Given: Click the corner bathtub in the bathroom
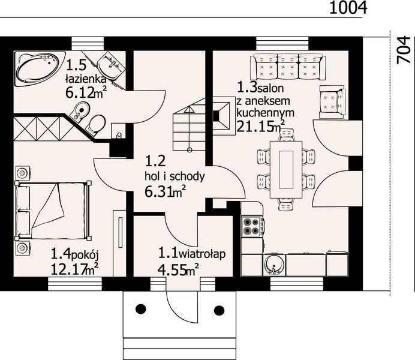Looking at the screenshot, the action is (x=40, y=68).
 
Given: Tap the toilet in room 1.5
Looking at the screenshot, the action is (x=96, y=124).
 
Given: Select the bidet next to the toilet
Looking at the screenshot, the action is (x=80, y=110).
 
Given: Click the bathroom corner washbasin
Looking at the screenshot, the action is (x=111, y=65).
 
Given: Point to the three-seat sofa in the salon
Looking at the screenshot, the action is (x=288, y=67).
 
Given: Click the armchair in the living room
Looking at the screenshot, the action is (x=332, y=102).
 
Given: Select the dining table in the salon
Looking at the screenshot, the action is (x=286, y=169).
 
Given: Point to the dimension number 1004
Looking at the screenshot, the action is (x=348, y=7).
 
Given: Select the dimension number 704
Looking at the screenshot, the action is (x=404, y=50).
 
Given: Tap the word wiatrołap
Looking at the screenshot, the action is (x=202, y=254).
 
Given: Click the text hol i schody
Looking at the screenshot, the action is (x=175, y=176).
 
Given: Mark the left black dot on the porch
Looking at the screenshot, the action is (x=140, y=309).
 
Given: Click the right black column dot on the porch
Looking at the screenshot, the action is (x=219, y=311).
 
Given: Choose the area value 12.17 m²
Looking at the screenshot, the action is (x=74, y=269).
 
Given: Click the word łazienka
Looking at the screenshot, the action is (x=86, y=79).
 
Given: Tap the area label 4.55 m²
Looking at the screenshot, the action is (x=178, y=269).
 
